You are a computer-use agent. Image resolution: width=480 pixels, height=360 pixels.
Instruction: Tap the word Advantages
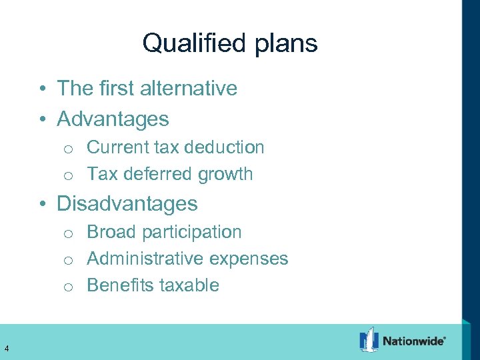pyautogui.click(x=113, y=119)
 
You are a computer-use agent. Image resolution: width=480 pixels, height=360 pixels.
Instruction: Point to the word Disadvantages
pyautogui.click(x=127, y=203)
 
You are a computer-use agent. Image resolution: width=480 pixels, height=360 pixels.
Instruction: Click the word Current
pyautogui.click(x=117, y=147)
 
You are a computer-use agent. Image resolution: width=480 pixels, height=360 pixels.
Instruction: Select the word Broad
pyautogui.click(x=111, y=232)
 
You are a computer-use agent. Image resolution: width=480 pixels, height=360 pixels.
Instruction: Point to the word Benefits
pyautogui.click(x=117, y=285)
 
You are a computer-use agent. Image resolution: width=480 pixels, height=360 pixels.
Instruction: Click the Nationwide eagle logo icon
pyautogui.click(x=369, y=340)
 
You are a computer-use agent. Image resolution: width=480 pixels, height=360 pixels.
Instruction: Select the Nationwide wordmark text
pyautogui.click(x=413, y=341)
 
